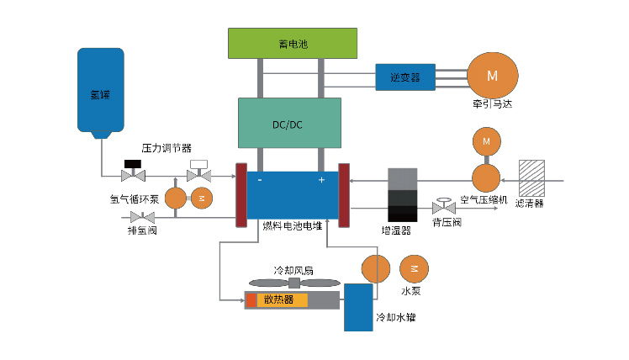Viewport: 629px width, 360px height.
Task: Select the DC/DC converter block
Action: coord(289,124)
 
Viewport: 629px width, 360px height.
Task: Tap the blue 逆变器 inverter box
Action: coord(404,77)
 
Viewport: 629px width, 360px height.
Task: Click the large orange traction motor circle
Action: coord(491,75)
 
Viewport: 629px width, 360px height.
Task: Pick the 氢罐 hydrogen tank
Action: coord(100,91)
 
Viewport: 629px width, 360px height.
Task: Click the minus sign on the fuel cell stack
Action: coord(259,180)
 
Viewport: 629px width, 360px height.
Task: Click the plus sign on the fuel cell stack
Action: coord(320,180)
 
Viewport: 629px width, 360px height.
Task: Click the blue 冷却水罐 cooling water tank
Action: coord(359,307)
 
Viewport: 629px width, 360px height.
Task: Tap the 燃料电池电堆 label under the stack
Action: coord(292,225)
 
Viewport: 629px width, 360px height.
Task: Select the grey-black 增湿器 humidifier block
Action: coord(402,194)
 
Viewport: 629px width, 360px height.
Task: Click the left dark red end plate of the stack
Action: coord(240,194)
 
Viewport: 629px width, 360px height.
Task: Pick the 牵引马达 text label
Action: coord(492,105)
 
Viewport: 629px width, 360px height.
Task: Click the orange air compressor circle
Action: coord(485,177)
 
